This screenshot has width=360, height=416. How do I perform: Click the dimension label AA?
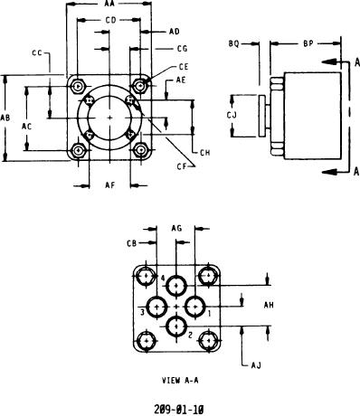click(109, 4)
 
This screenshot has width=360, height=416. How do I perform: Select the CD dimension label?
click(110, 20)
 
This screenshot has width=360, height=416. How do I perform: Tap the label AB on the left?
click(5, 118)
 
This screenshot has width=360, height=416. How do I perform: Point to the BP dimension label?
click(308, 43)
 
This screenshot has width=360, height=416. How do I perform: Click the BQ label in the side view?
click(233, 44)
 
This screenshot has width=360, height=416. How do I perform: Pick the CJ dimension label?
click(232, 115)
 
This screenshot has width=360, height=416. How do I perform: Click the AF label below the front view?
click(110, 184)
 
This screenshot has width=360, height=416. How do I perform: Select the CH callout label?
click(205, 153)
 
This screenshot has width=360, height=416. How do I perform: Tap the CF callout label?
click(182, 166)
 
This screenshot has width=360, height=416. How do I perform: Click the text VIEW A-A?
click(180, 381)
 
